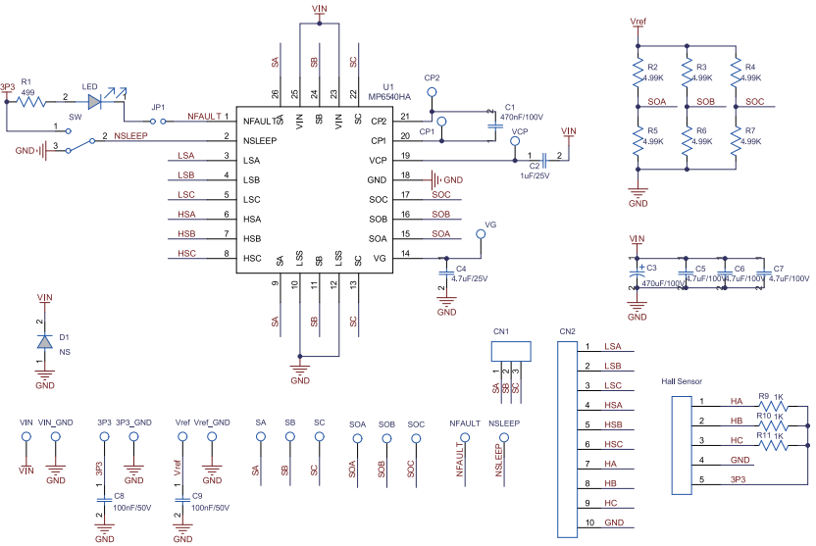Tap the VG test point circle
481,234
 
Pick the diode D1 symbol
44,341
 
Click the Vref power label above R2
638,21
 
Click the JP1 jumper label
158,107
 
